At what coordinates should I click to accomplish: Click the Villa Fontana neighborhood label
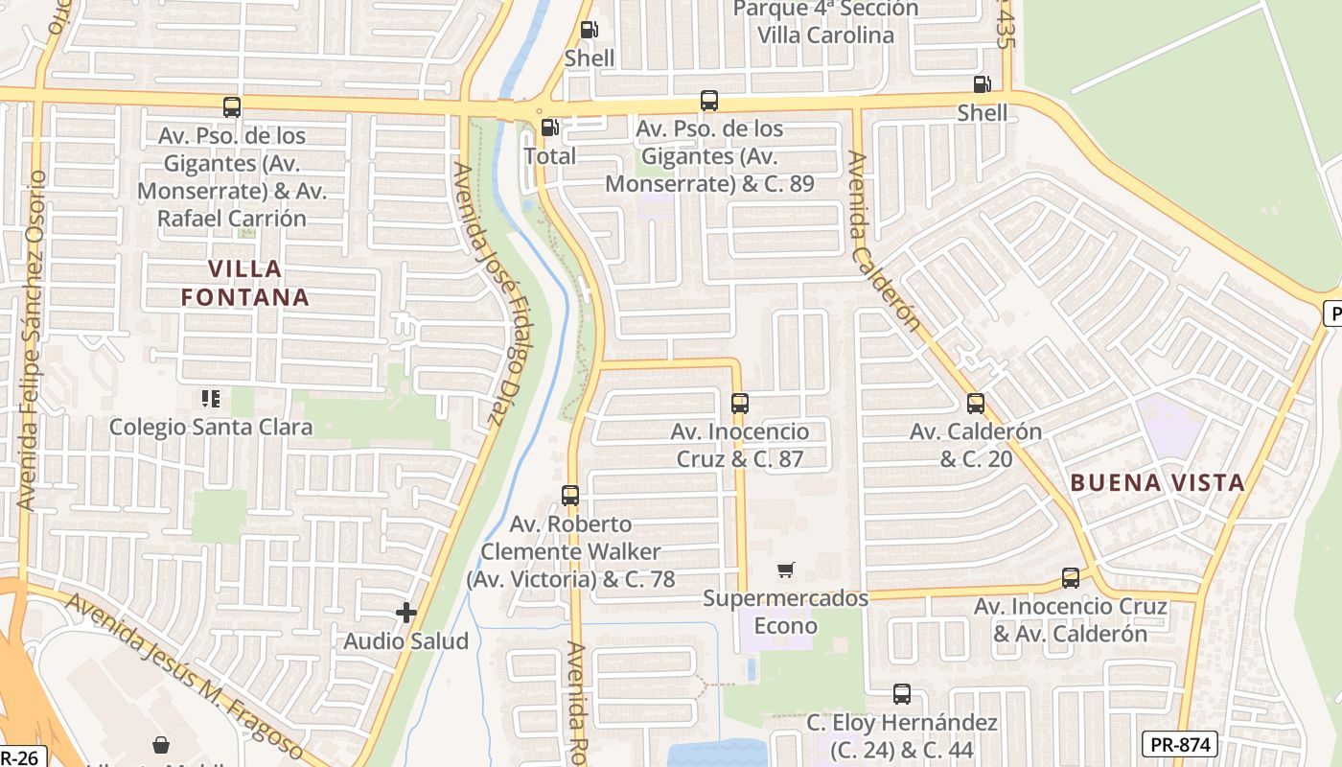tap(245, 283)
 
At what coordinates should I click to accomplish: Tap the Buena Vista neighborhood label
tap(1157, 483)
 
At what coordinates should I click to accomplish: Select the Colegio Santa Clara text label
tap(211, 427)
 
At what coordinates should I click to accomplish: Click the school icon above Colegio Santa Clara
tap(211, 398)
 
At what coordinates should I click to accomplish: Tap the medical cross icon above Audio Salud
tap(406, 612)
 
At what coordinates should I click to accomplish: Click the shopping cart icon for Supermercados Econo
tap(786, 570)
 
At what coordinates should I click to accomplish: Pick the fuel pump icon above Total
tap(550, 128)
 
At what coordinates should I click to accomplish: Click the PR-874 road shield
tap(1180, 744)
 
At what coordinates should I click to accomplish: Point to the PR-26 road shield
tap(19, 757)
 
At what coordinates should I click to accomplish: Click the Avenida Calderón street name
tap(884, 244)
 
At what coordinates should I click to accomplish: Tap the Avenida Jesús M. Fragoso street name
tap(186, 676)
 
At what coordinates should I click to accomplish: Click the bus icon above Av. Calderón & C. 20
tap(976, 404)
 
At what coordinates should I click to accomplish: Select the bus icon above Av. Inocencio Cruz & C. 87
tap(739, 404)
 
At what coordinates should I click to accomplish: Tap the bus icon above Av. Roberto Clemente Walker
tap(570, 496)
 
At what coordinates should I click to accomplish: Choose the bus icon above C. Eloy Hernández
tap(902, 694)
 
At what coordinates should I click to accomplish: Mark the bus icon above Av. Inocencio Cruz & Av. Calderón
tap(1071, 578)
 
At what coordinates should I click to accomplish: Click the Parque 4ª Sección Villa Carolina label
tap(825, 22)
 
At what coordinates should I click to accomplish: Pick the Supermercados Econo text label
tap(786, 613)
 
